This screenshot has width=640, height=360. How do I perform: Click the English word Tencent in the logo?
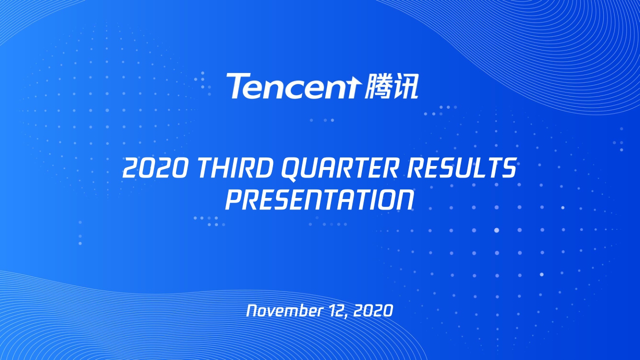[x=293, y=86]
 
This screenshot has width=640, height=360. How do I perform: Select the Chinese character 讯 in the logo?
[x=405, y=86]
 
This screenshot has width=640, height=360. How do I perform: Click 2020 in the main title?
[x=155, y=168]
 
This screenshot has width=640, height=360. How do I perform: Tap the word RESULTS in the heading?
[x=461, y=168]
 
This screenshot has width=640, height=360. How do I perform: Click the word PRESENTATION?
[x=319, y=200]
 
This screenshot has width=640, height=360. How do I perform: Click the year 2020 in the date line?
[x=373, y=311]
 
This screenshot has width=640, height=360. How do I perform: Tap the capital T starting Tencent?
[x=237, y=86]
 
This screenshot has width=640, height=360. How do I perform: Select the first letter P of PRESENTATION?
[x=233, y=200]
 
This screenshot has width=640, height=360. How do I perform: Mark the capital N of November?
[x=252, y=311]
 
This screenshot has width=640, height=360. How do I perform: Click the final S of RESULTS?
[x=508, y=168]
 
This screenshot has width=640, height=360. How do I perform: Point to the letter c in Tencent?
[x=300, y=88]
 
